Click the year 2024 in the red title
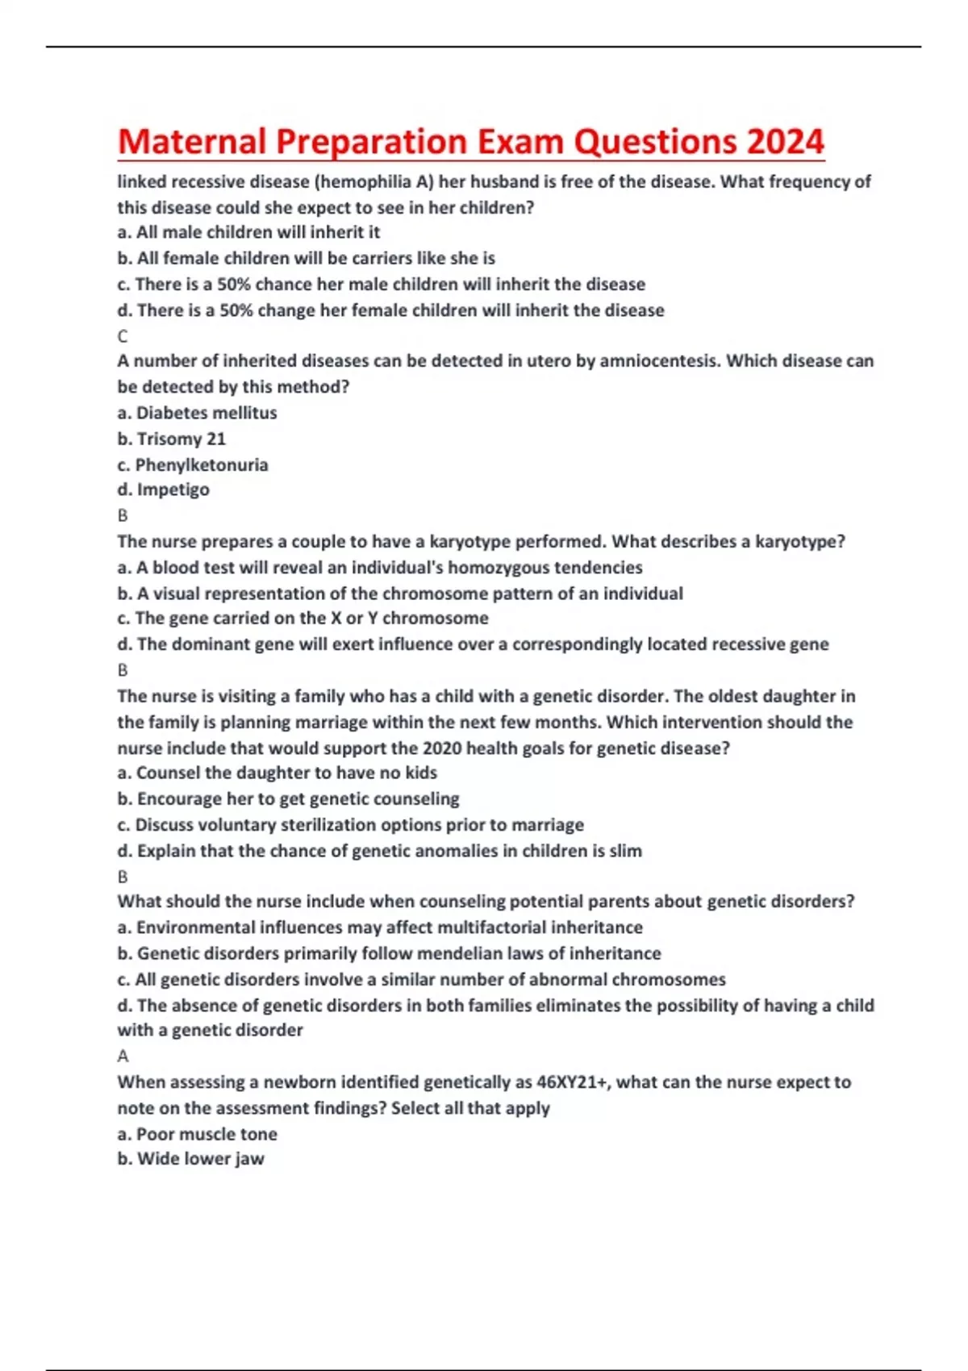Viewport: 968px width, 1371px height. point(784,142)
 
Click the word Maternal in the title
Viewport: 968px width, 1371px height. point(192,142)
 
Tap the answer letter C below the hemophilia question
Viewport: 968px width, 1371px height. point(123,335)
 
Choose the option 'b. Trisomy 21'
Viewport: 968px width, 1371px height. point(171,439)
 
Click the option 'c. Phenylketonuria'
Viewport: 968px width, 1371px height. point(192,465)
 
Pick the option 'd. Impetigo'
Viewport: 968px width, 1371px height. point(163,490)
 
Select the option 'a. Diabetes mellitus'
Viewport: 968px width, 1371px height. point(197,413)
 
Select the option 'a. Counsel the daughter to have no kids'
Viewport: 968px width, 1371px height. point(277,773)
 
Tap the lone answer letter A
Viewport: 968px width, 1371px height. point(123,1056)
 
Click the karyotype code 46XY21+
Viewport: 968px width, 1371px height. point(572,1081)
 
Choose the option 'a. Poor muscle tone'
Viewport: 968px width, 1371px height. point(197,1134)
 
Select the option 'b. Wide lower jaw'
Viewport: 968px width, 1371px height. point(190,1159)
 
